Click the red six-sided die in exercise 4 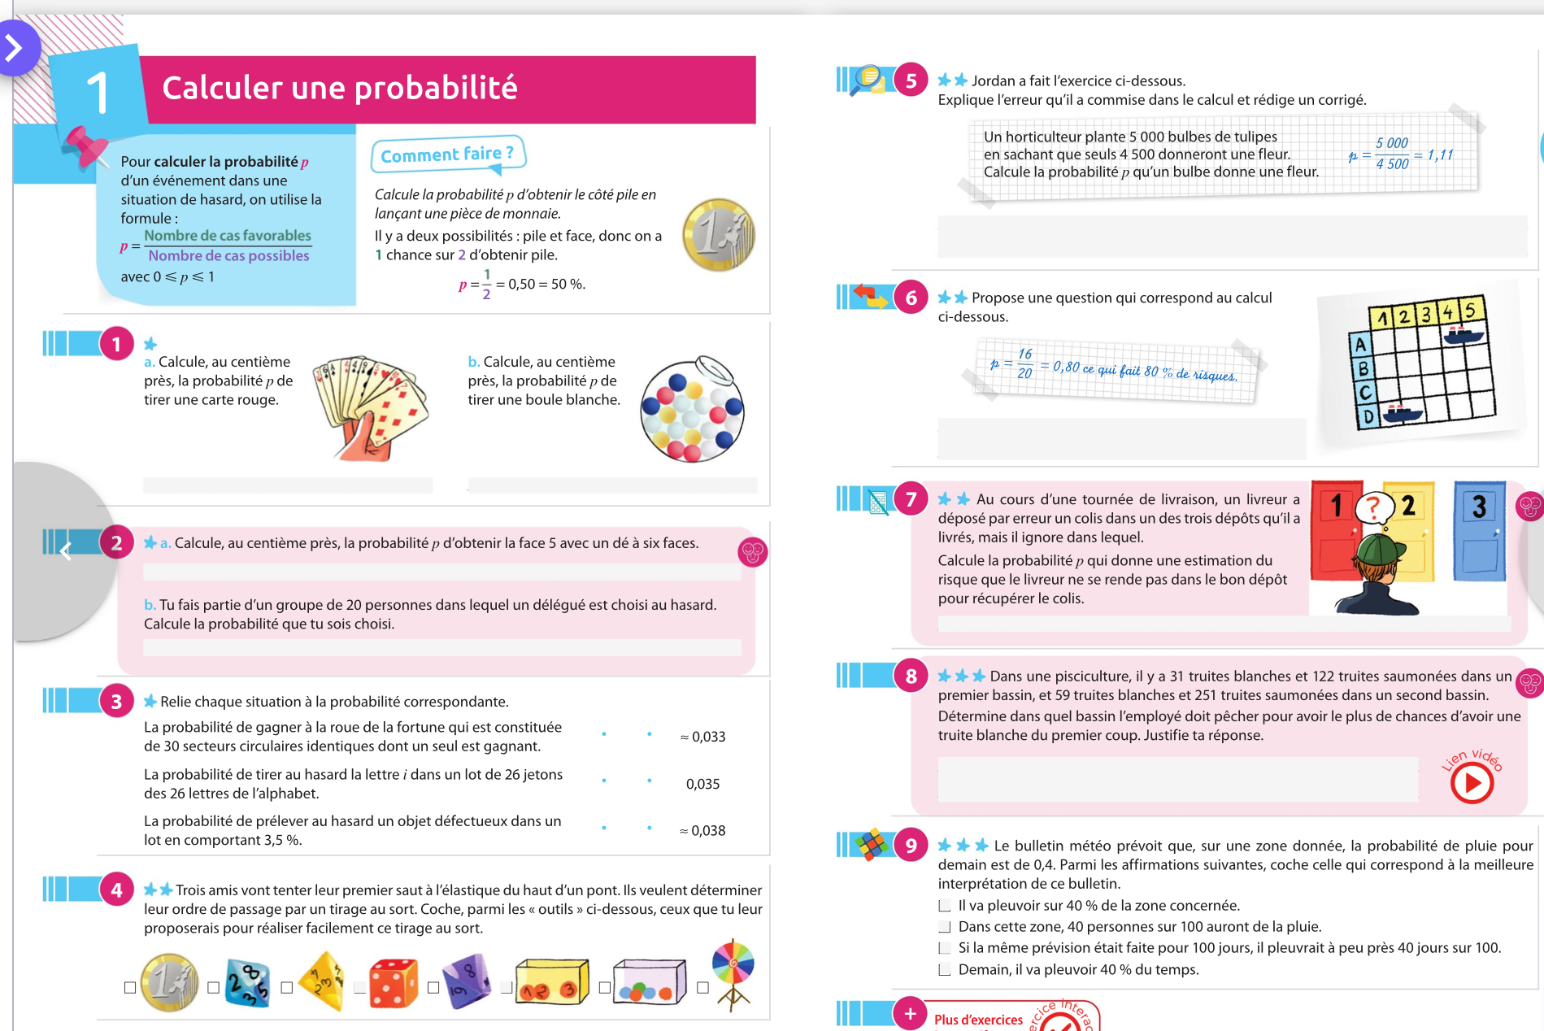click(x=394, y=982)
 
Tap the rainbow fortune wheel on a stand click(x=733, y=972)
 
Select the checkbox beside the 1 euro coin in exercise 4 click(x=130, y=987)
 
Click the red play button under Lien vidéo click(x=1472, y=784)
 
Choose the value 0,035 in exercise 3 click(x=702, y=784)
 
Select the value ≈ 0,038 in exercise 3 click(x=702, y=830)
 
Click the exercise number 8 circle click(x=911, y=676)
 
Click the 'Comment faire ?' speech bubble click(x=447, y=154)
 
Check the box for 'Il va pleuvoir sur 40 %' click(x=945, y=906)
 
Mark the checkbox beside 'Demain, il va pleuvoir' click(x=945, y=969)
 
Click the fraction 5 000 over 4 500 click(x=1391, y=154)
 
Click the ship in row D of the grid click(x=1401, y=412)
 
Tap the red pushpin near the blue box click(x=85, y=146)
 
